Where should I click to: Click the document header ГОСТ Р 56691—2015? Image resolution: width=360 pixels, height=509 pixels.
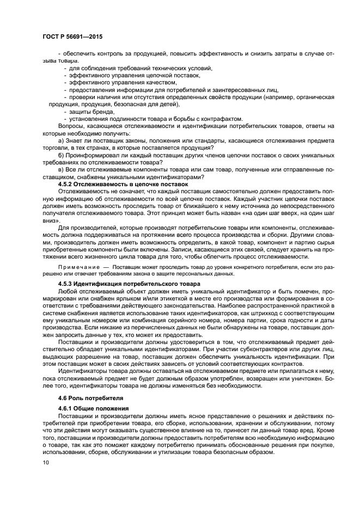pyautogui.click(x=72, y=36)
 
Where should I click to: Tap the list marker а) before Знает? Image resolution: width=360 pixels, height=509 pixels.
pyautogui.click(x=62, y=140)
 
